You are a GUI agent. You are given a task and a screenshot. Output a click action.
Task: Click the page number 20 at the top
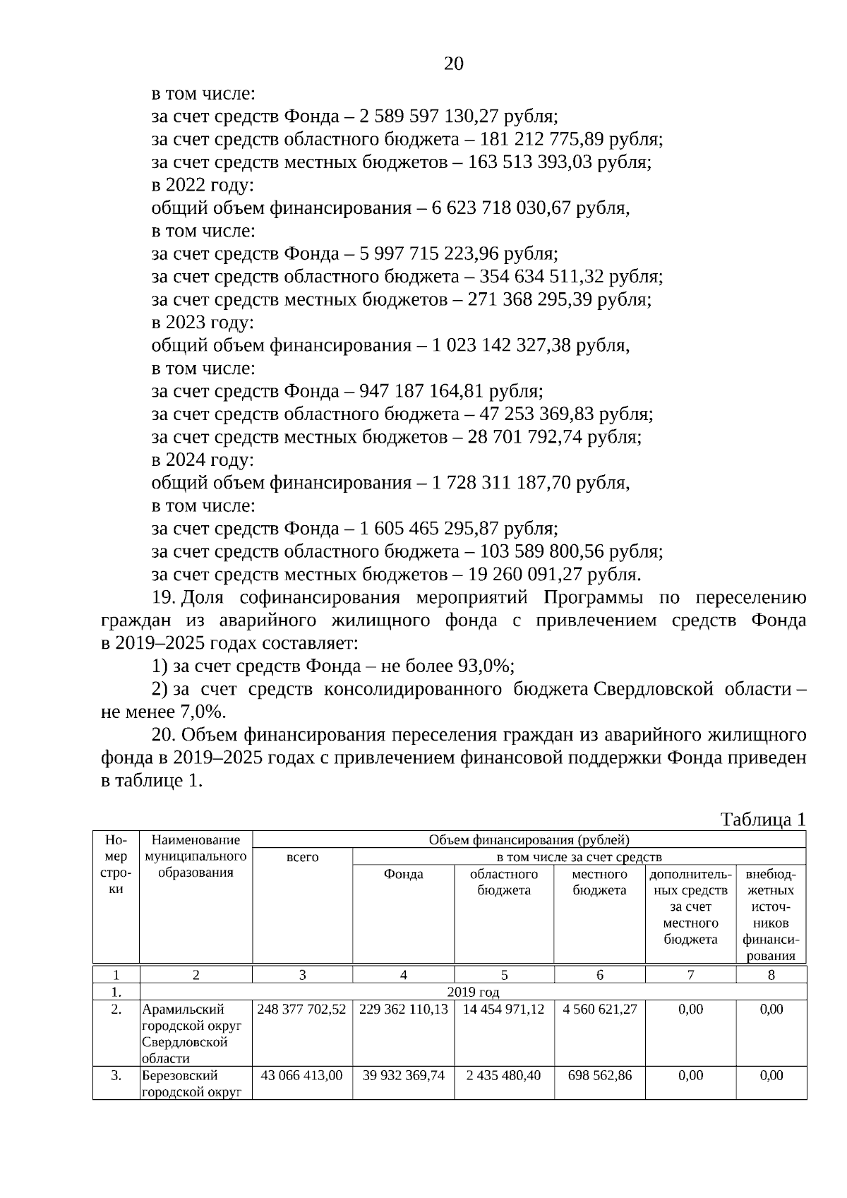pyautogui.click(x=453, y=64)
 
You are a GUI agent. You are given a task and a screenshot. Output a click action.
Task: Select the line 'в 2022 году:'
pyautogui.click(x=203, y=185)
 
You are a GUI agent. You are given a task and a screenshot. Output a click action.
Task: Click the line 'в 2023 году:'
pyautogui.click(x=203, y=323)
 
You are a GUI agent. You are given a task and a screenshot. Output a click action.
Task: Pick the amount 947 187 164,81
pyautogui.click(x=421, y=391)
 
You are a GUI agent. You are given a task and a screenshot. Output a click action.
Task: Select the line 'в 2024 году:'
pyautogui.click(x=203, y=460)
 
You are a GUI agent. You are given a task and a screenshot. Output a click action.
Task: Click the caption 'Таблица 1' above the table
pyautogui.click(x=762, y=820)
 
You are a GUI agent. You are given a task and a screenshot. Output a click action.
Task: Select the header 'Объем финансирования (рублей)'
pyautogui.click(x=529, y=839)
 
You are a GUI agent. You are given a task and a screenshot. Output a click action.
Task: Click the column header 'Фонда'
pyautogui.click(x=403, y=874)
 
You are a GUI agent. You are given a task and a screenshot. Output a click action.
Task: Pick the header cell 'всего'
pyautogui.click(x=302, y=857)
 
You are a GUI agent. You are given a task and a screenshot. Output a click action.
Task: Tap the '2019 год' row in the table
pyautogui.click(x=473, y=992)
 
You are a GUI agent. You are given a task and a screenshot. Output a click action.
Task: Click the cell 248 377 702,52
pyautogui.click(x=302, y=1010)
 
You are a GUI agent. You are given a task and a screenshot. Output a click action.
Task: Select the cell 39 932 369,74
pyautogui.click(x=403, y=1075)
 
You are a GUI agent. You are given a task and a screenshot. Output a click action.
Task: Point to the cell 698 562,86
pyautogui.click(x=599, y=1075)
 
